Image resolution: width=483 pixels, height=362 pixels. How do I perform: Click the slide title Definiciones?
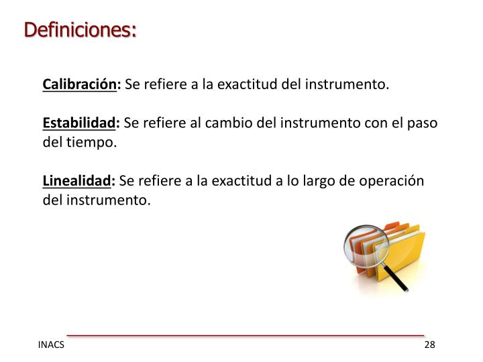[80, 30]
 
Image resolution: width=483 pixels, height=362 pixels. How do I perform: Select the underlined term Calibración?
[80, 86]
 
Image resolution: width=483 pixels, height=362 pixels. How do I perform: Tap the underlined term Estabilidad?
[79, 123]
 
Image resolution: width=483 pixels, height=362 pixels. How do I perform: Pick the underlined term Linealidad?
[77, 181]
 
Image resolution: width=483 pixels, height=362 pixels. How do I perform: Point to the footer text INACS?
[52, 345]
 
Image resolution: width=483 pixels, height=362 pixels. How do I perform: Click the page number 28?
[430, 345]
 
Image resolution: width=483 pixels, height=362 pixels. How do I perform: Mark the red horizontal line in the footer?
[245, 334]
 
